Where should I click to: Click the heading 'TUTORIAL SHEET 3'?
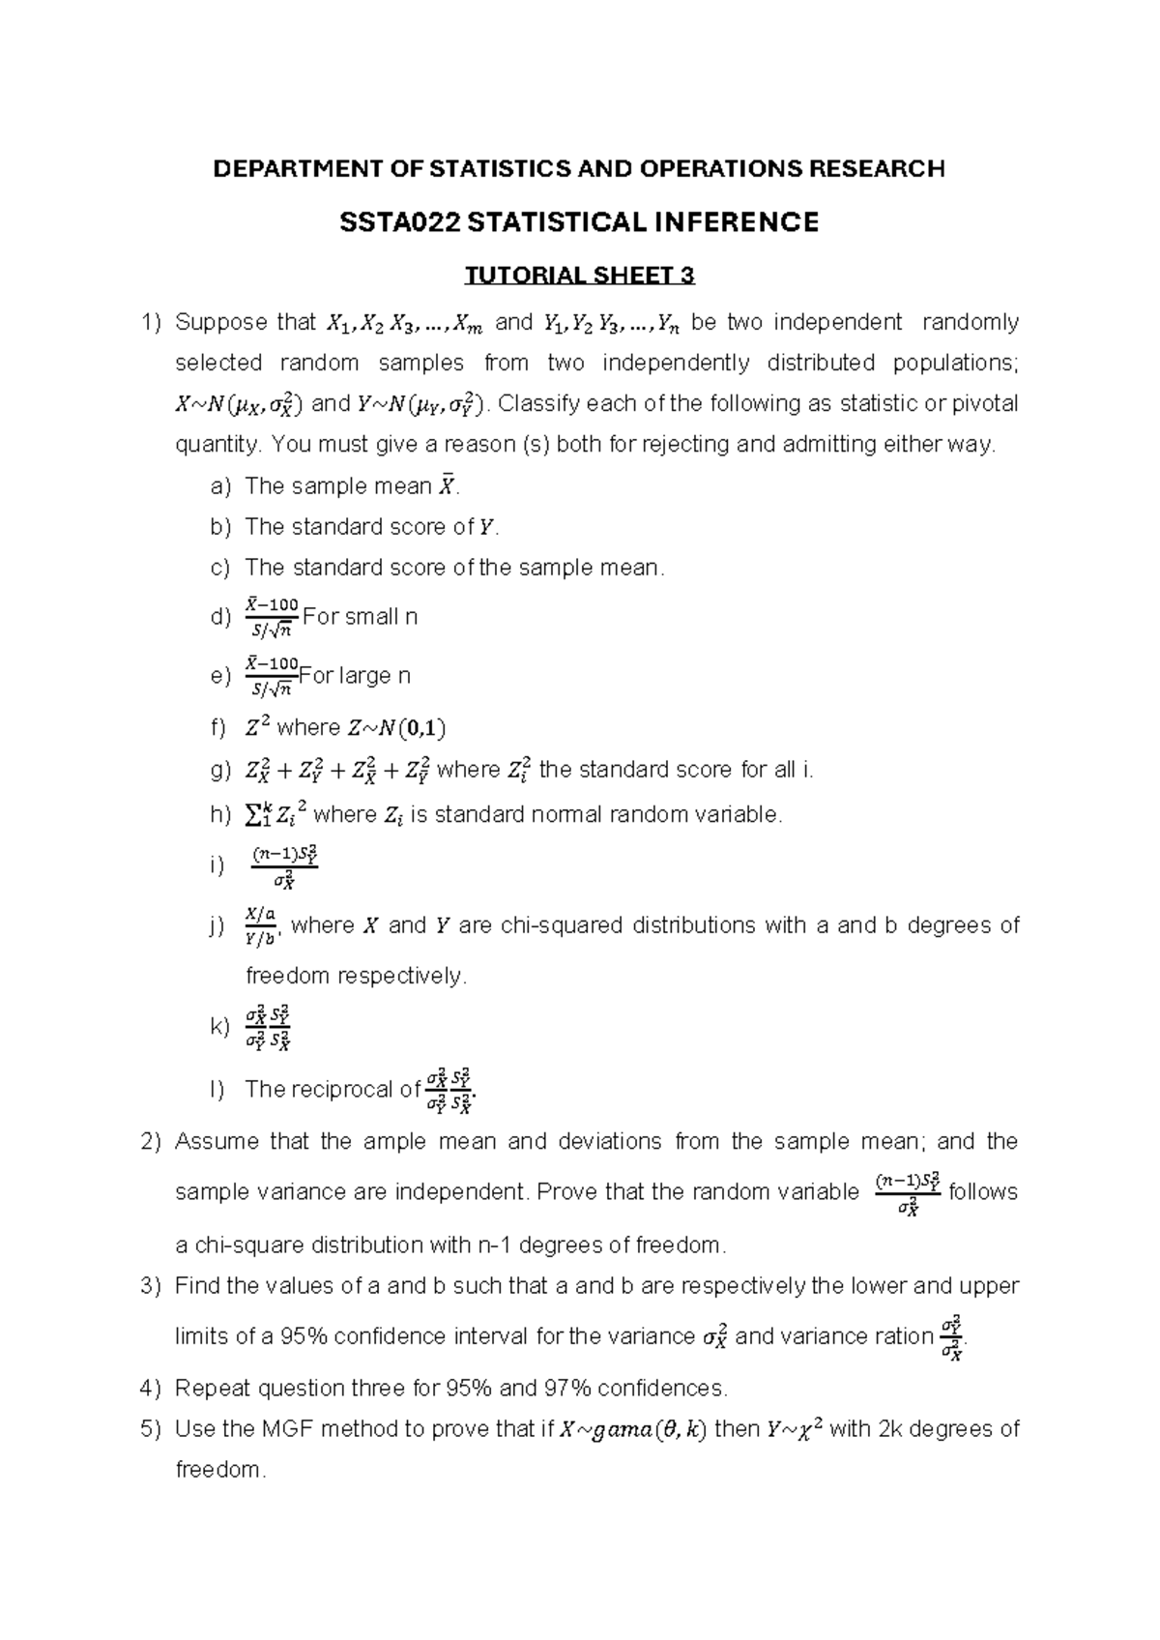click(x=579, y=277)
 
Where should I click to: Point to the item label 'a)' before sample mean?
click(x=220, y=485)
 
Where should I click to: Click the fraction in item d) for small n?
click(x=272, y=617)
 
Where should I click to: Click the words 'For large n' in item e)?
click(x=355, y=675)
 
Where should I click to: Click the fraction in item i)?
click(x=284, y=866)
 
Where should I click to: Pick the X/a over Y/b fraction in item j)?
click(x=261, y=925)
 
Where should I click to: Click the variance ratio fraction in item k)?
click(x=268, y=1027)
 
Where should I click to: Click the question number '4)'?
click(x=150, y=1389)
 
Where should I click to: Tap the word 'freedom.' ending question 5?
click(x=218, y=1470)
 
